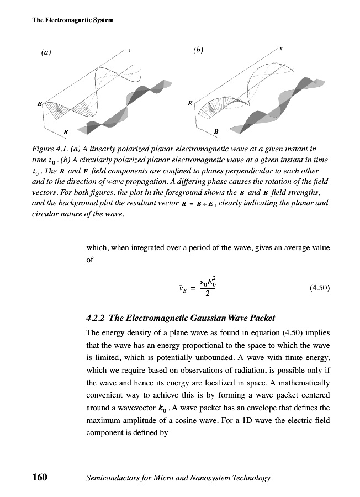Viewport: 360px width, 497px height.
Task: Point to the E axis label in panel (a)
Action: (39, 103)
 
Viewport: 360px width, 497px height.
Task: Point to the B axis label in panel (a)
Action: (66, 132)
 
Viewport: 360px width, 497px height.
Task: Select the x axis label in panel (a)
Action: (129, 50)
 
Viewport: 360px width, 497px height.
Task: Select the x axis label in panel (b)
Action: (281, 49)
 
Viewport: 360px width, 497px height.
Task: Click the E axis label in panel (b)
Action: (190, 103)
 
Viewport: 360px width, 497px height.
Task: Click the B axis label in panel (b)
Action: (216, 131)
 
